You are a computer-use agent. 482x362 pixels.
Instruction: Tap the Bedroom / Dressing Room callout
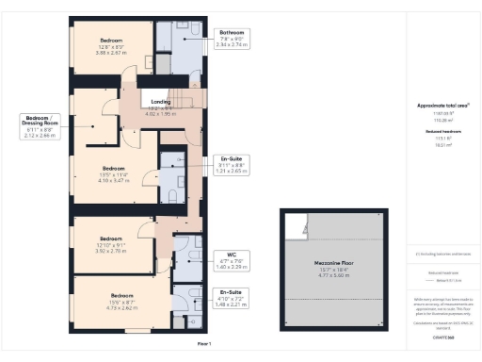pos(44,126)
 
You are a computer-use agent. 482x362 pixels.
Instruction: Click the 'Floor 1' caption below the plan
pos(204,344)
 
